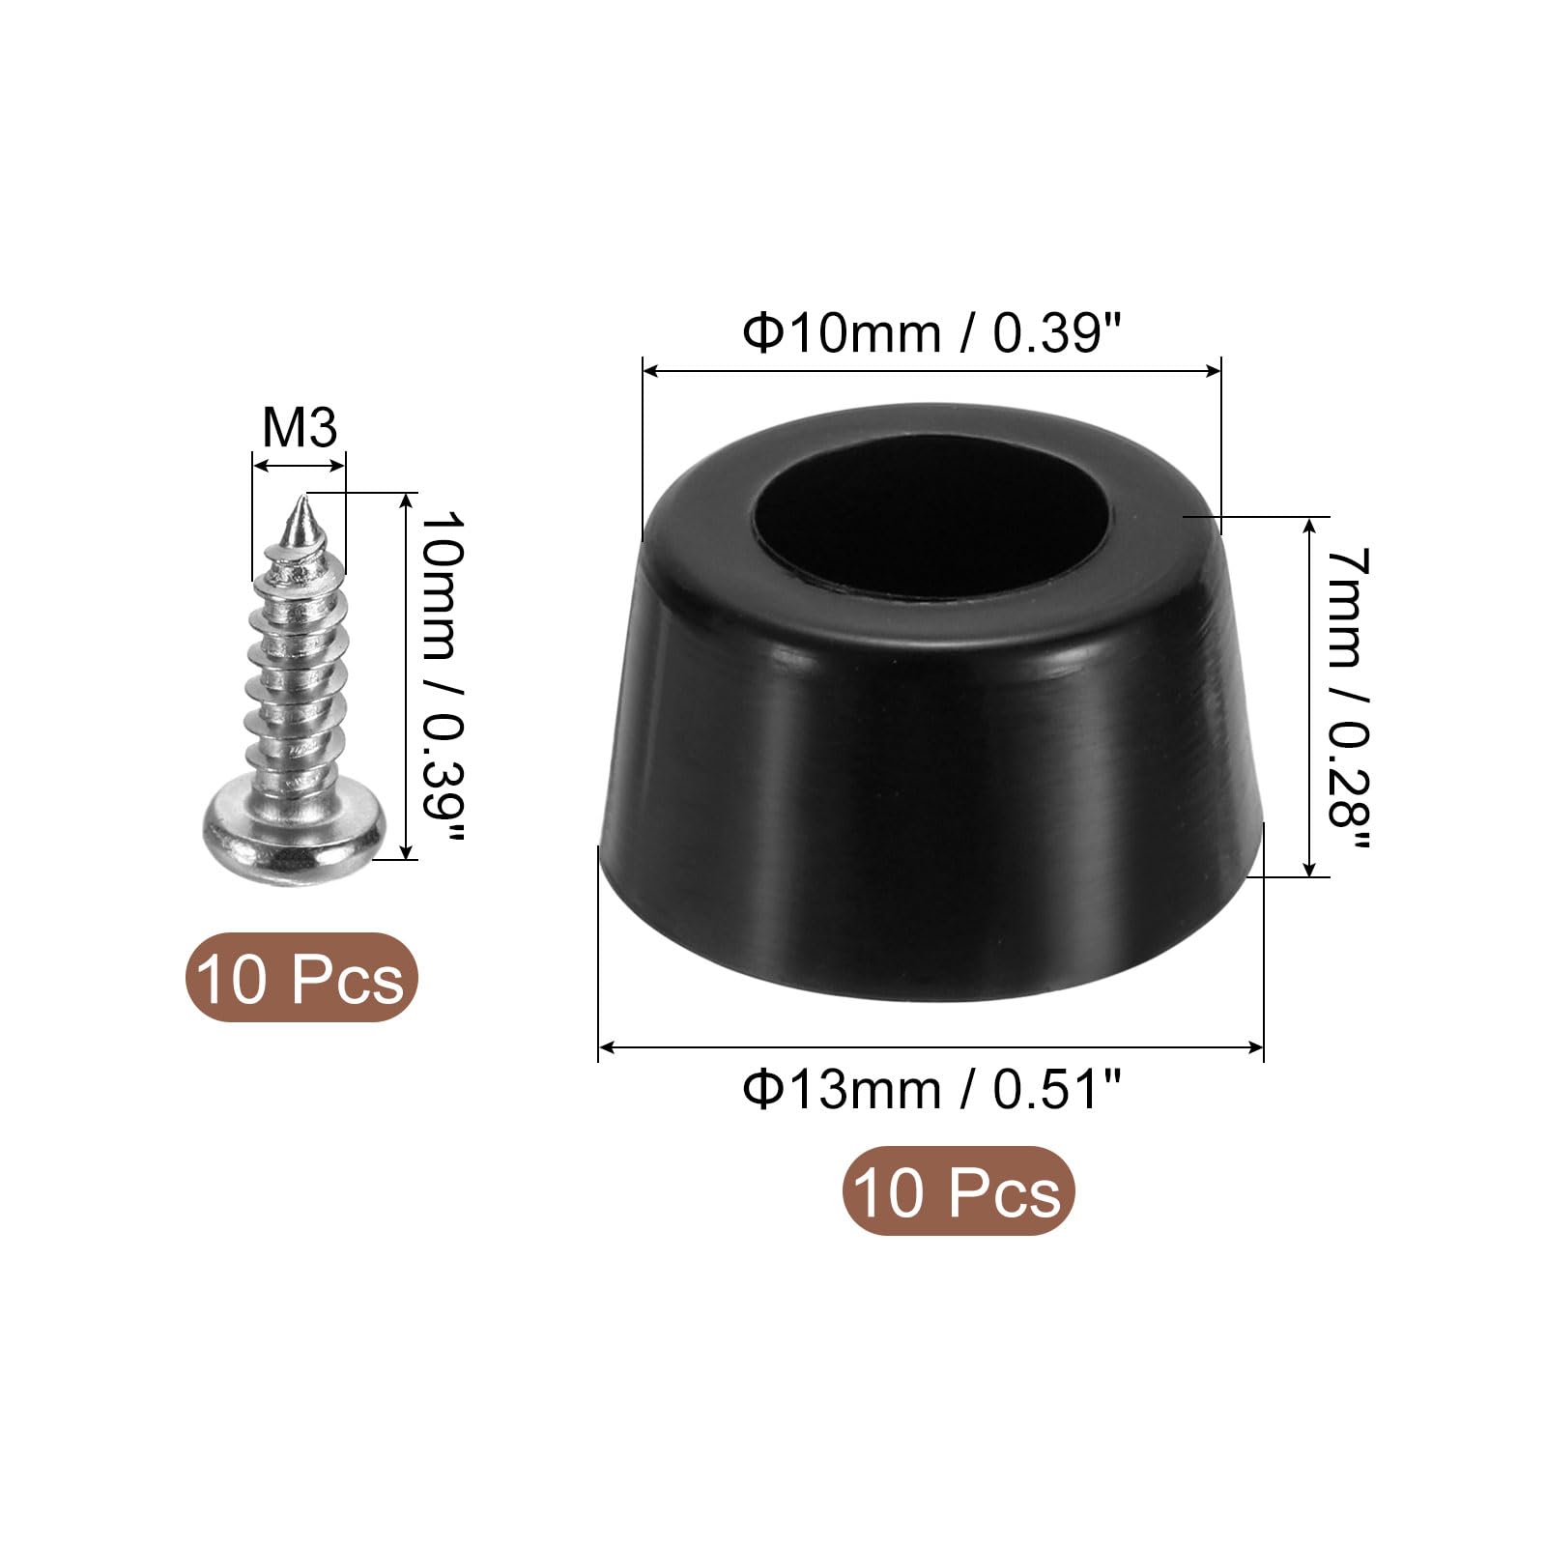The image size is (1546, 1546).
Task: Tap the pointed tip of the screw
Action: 302,495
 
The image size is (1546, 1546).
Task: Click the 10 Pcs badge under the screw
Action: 301,978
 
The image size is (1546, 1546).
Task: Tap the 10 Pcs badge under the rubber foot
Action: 959,1191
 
